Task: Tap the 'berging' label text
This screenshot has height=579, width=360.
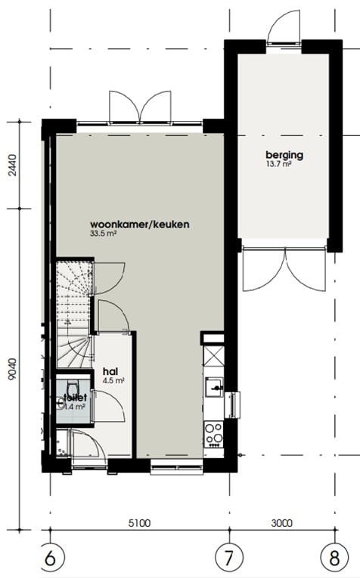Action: pyautogui.click(x=284, y=155)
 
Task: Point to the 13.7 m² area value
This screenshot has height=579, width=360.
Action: pyautogui.click(x=278, y=164)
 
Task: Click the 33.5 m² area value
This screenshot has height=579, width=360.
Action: pyautogui.click(x=104, y=234)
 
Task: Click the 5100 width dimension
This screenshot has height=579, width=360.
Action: pyautogui.click(x=138, y=522)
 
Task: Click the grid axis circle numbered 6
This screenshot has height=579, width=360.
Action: pyautogui.click(x=50, y=559)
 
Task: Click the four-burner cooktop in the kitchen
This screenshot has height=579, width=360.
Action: pyautogui.click(x=214, y=433)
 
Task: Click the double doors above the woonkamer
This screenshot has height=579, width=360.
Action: pyautogui.click(x=140, y=106)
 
